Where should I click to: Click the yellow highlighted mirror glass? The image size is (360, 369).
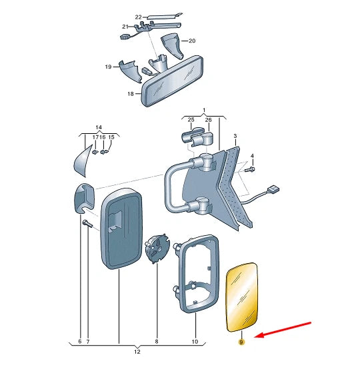click(242, 297)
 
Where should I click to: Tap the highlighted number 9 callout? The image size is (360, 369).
click(241, 342)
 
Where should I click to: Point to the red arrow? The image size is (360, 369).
click(283, 330)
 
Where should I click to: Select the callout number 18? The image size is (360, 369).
click(131, 94)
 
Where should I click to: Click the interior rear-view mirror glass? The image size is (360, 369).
click(173, 80)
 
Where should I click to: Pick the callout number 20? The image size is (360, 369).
click(192, 41)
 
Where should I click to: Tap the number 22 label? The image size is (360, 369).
click(138, 17)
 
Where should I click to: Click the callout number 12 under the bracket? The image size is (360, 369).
click(137, 352)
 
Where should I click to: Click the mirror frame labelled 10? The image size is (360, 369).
click(196, 273)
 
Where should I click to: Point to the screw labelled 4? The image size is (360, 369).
click(250, 169)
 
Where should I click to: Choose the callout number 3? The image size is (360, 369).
click(235, 136)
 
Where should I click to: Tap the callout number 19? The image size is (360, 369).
click(108, 67)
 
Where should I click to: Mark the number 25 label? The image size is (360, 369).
click(191, 120)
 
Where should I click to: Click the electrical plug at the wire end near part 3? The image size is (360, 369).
click(273, 189)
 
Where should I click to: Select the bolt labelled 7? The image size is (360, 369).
click(87, 224)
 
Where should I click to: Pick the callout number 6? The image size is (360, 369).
click(79, 342)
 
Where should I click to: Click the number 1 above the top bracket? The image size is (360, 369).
click(204, 110)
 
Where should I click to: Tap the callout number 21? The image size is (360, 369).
click(125, 27)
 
